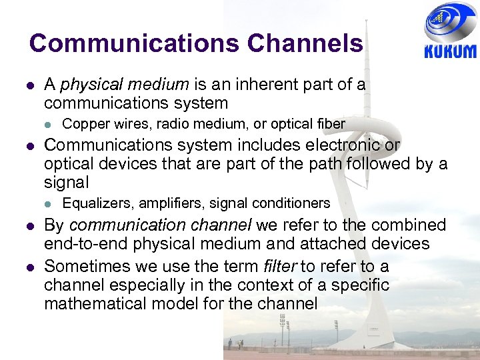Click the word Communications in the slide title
pos(133,44)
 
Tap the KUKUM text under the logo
pos(450,51)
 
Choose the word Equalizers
pos(94,203)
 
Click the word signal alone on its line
pos(66,182)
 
